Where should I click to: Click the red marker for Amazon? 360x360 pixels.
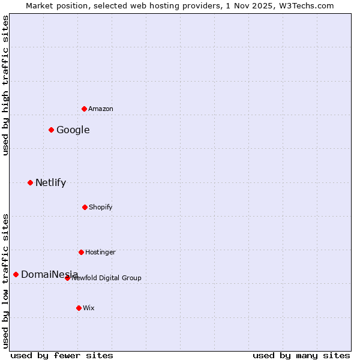click(84, 109)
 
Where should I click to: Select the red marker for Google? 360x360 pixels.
click(51, 130)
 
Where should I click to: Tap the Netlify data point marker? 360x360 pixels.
click(30, 182)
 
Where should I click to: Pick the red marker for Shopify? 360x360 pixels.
click(85, 207)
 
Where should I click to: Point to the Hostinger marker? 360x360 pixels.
click(81, 252)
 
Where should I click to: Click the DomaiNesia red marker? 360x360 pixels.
click(16, 274)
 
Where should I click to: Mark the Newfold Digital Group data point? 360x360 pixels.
click(67, 278)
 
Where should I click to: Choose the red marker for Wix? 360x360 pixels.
click(79, 308)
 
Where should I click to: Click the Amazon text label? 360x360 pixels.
click(101, 109)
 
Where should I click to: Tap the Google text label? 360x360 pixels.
click(73, 130)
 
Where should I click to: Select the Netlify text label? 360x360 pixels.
click(50, 182)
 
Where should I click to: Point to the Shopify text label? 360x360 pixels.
click(101, 207)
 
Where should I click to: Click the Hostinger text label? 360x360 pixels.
click(100, 252)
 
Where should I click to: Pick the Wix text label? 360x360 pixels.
click(89, 308)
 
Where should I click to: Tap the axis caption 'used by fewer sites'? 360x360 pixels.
click(62, 355)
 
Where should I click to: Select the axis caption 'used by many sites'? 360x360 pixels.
click(301, 355)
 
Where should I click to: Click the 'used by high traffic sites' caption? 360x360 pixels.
click(5, 85)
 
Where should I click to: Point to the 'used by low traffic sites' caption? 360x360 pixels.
click(5, 280)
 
